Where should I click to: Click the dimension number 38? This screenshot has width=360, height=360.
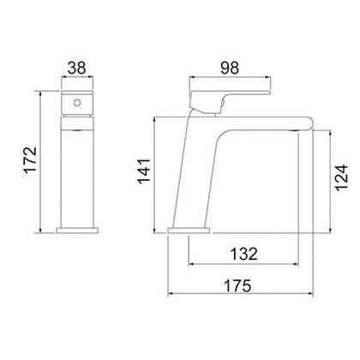[x=76, y=69]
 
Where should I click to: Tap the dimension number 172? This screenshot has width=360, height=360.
[x=30, y=159]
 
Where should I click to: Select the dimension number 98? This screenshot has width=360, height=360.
[x=230, y=68]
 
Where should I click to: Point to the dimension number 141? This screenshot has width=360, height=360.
[x=144, y=171]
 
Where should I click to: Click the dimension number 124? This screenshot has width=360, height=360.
[x=342, y=177]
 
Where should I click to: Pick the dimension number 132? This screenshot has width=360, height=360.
[x=243, y=254]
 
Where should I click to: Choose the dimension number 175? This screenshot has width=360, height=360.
[x=237, y=285]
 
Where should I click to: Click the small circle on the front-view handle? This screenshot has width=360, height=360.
[x=77, y=102]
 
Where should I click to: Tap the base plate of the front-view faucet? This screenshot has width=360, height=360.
[x=77, y=231]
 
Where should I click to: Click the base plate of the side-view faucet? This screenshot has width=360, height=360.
[x=189, y=231]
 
